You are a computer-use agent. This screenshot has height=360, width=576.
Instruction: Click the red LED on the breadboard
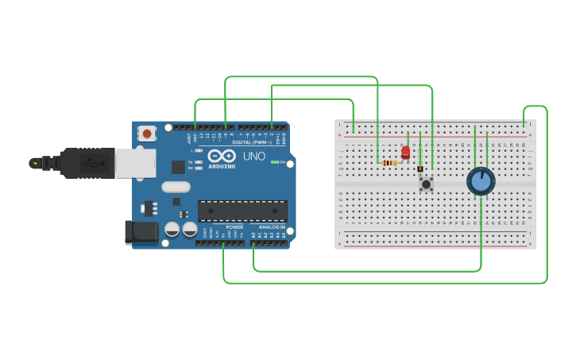[405, 151]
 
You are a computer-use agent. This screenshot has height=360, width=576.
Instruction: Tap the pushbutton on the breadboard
[427, 184]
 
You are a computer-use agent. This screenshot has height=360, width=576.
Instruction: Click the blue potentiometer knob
[481, 181]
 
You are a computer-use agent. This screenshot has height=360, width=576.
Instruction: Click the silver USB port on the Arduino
[134, 163]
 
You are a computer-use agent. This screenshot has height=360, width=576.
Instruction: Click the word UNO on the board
[254, 157]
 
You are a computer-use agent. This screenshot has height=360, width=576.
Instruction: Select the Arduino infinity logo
[222, 156]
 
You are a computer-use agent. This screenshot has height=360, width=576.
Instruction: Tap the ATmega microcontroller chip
[242, 211]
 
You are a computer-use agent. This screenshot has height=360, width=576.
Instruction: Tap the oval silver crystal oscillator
[176, 188]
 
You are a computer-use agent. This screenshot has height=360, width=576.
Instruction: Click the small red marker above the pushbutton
[420, 168]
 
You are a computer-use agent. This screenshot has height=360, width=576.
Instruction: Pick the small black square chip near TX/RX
[178, 167]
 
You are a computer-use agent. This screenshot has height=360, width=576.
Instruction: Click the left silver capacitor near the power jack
[172, 230]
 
